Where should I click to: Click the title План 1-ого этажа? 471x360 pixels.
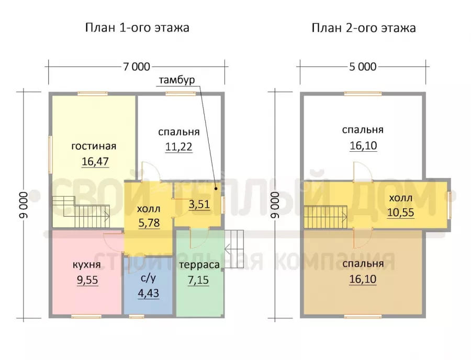coord(137,28)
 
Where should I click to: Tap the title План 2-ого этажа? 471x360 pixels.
coord(364,28)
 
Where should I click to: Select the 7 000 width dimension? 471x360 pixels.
coord(137,66)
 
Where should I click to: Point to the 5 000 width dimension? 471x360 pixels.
coord(363,66)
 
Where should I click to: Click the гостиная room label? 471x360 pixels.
coord(94,146)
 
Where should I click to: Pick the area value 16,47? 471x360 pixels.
coord(95,162)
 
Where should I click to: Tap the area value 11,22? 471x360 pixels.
coord(179,147)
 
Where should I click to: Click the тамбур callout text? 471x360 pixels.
coord(177,80)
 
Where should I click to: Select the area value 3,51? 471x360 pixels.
coord(199,204)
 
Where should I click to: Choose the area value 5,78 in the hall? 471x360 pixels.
coord(149,223)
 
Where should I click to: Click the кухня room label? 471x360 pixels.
coord(87,265)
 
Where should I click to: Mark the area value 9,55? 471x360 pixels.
coord(87,280)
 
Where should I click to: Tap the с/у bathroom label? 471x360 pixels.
coord(149,278)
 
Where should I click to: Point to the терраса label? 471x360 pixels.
coord(199,265)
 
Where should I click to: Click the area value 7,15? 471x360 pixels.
coord(198,280)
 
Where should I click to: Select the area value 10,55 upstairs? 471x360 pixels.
coord(401,212)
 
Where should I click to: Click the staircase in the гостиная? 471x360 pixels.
coord(81,212)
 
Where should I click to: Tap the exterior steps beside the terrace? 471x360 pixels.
coord(234,249)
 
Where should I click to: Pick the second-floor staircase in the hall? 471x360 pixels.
coord(326,217)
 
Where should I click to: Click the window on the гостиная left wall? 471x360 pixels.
coord(50,155)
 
